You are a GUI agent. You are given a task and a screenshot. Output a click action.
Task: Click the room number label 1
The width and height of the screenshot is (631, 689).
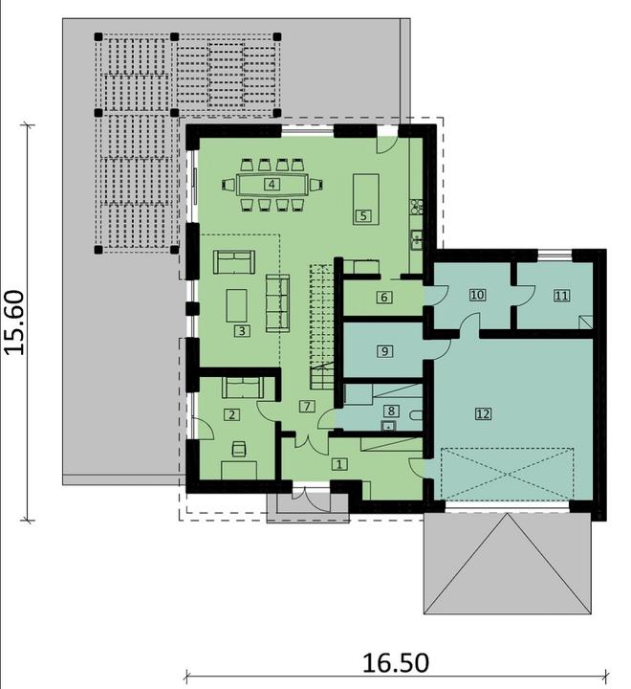point(338,463)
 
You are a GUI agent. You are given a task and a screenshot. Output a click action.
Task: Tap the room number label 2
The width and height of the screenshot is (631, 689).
point(231,414)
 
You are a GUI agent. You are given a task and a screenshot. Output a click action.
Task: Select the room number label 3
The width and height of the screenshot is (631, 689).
point(243,331)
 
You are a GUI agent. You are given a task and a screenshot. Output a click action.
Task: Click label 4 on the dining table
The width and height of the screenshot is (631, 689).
point(272,184)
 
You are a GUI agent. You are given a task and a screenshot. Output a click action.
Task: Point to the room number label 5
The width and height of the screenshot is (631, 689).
point(362,215)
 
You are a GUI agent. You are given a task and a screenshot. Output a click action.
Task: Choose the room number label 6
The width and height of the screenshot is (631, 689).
point(383,298)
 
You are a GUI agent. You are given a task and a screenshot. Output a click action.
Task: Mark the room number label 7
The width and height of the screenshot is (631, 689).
point(306,406)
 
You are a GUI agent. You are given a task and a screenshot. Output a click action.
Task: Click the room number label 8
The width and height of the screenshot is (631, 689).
point(389,411)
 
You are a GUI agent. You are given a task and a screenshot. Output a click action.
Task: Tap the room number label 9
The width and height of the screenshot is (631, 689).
point(384,351)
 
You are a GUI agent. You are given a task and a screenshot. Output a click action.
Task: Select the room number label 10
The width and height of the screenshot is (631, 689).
point(477,295)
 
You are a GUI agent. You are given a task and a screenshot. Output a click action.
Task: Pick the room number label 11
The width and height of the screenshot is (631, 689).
point(561,295)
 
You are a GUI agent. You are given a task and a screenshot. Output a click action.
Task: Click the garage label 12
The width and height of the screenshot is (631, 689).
point(483,413)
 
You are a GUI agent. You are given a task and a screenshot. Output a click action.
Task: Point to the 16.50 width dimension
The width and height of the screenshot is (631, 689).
point(396,662)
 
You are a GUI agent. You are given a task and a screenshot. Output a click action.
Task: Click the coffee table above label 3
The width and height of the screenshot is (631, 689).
point(236,304)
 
